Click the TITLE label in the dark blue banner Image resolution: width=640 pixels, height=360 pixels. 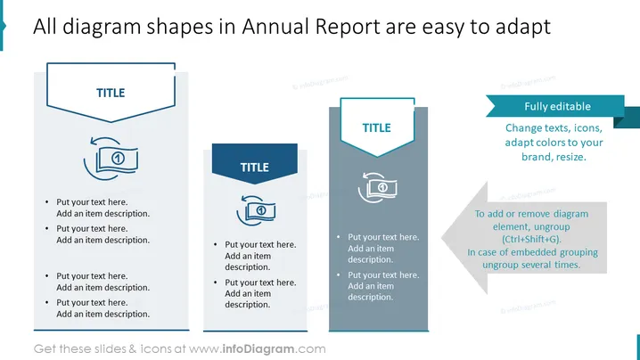coord(255,168)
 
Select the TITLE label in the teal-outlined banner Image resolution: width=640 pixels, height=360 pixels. coord(377,127)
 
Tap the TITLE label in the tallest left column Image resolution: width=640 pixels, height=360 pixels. coord(111,93)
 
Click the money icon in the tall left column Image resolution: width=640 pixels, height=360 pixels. coord(111,159)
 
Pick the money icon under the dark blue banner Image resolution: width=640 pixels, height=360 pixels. coord(256,210)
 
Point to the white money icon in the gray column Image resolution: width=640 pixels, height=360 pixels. coord(378,187)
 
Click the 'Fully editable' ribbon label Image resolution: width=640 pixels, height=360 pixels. coord(558,107)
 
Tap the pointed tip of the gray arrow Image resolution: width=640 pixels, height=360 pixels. coord(442,238)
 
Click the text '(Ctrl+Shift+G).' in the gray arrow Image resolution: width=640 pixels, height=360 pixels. coord(531,239)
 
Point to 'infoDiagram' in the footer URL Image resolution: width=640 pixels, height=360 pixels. coord(258,349)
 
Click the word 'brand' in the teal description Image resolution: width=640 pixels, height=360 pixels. coord(534,157)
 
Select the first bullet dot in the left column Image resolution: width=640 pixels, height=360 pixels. coord(47,202)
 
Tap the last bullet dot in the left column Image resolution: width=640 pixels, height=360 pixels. coord(47,302)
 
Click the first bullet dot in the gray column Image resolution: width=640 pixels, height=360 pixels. coord(339,237)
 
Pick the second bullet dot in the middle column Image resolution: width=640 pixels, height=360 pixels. coord(215,282)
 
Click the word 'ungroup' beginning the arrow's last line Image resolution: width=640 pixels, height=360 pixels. coord(500,266)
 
